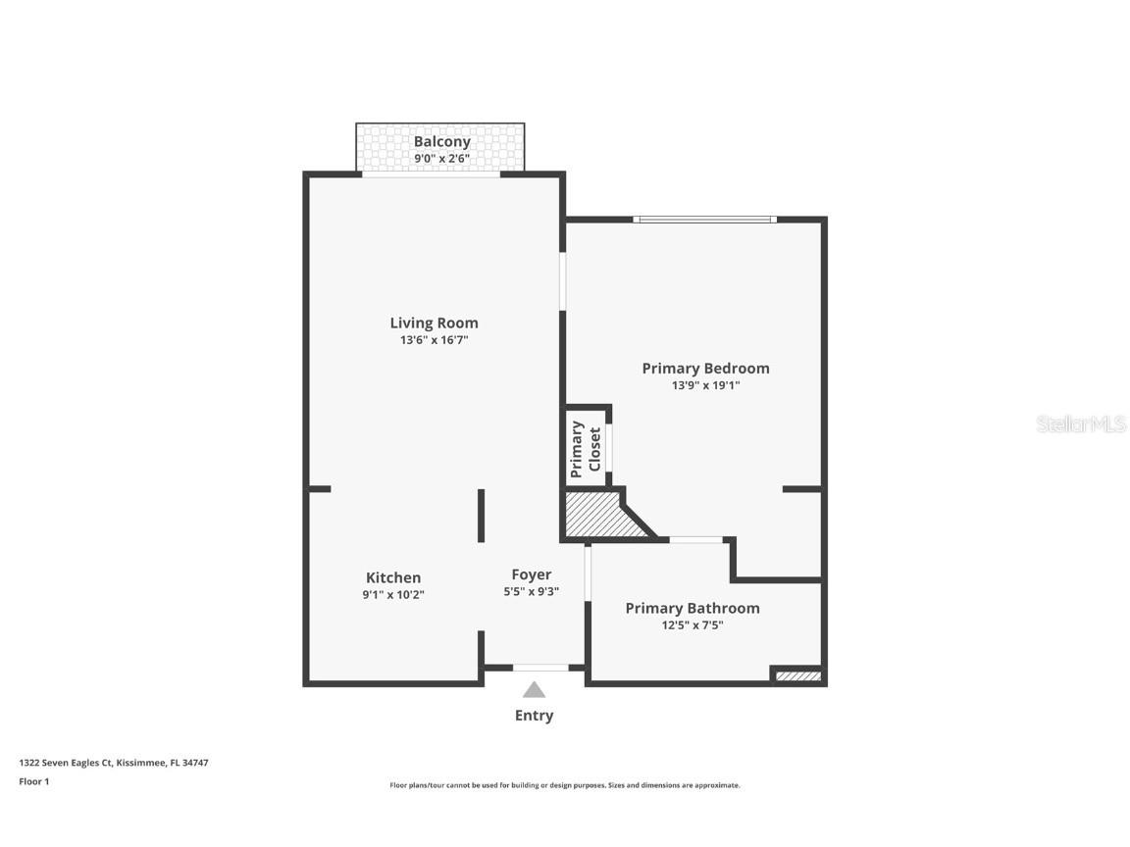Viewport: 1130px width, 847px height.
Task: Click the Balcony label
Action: coord(441,141)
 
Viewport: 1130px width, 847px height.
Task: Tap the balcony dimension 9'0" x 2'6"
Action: coord(441,158)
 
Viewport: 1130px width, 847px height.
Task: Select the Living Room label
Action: coord(434,323)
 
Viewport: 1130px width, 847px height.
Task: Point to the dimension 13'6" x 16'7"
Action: coord(434,340)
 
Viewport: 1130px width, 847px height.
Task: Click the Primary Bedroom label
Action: coord(705,369)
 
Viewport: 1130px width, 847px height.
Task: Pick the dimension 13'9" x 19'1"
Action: coord(705,385)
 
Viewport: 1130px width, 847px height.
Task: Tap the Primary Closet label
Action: coord(586,447)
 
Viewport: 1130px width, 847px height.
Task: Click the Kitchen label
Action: coord(393,577)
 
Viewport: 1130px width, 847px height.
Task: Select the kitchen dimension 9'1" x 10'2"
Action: coord(393,594)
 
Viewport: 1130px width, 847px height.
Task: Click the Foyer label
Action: coord(531,574)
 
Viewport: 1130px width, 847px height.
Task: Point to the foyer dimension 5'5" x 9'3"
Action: coord(531,591)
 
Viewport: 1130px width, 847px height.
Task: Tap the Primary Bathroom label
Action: coord(693,608)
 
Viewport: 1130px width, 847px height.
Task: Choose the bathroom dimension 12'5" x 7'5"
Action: coord(693,624)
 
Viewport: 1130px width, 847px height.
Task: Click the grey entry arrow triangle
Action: coord(534,690)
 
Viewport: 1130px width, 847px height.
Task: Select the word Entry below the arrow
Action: coord(534,716)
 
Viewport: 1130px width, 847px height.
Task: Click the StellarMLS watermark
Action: coord(1081,424)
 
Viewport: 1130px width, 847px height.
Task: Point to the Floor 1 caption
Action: coord(33,781)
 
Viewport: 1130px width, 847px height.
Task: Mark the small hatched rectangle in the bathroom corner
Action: coord(797,675)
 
